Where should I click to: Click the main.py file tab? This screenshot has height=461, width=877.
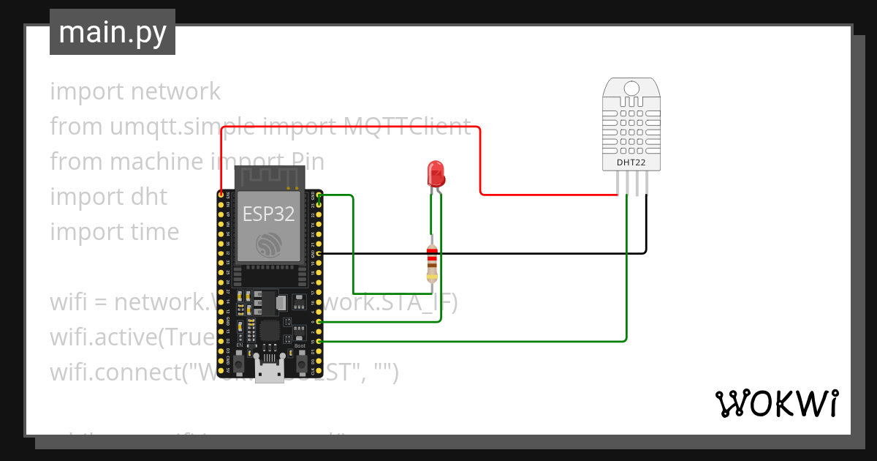pos(112,32)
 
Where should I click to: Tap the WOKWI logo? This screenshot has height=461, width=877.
pos(775,403)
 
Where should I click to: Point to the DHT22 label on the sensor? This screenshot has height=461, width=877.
pos(631,162)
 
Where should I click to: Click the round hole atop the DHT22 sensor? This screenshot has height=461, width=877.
pos(631,89)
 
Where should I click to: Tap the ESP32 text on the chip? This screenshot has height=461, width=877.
pos(268,214)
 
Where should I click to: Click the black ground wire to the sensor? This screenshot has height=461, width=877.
pos(512,253)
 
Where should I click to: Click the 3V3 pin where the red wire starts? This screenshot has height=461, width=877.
pos(221,195)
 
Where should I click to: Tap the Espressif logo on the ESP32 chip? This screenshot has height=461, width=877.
pos(268,246)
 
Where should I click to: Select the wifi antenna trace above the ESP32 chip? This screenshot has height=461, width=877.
pos(268,176)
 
